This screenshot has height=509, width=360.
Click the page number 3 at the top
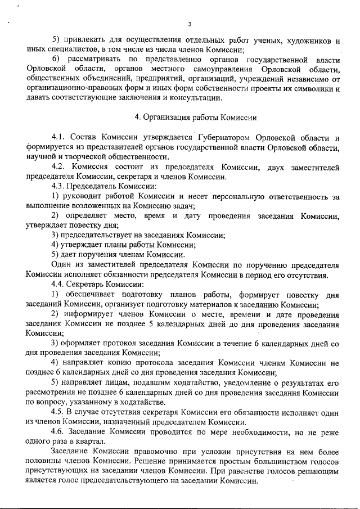pos(190,24)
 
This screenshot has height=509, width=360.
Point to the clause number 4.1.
pos(58,138)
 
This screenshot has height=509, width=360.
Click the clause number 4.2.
pos(58,168)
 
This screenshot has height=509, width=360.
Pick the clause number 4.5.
pos(58,412)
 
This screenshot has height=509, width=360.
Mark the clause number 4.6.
pos(58,432)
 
